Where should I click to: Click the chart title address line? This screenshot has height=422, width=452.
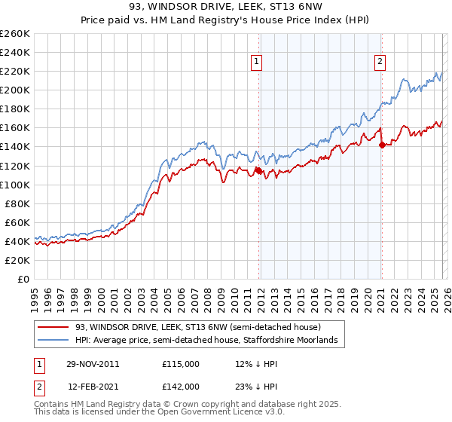pyautogui.click(x=226, y=6)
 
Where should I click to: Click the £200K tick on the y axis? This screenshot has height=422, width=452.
pyautogui.click(x=16, y=90)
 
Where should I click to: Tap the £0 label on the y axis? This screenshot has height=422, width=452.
pyautogui.click(x=25, y=279)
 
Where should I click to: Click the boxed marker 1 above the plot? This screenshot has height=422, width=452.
pyautogui.click(x=258, y=63)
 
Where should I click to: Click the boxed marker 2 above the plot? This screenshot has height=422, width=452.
pyautogui.click(x=380, y=63)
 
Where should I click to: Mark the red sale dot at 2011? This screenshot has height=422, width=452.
pyautogui.click(x=259, y=170)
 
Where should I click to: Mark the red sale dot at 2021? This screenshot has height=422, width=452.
pyautogui.click(x=382, y=145)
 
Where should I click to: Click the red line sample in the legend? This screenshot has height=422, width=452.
pyautogui.click(x=54, y=327)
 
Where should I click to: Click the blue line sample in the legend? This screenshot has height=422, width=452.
pyautogui.click(x=54, y=341)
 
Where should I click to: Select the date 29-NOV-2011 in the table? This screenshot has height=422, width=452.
pyautogui.click(x=91, y=363)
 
